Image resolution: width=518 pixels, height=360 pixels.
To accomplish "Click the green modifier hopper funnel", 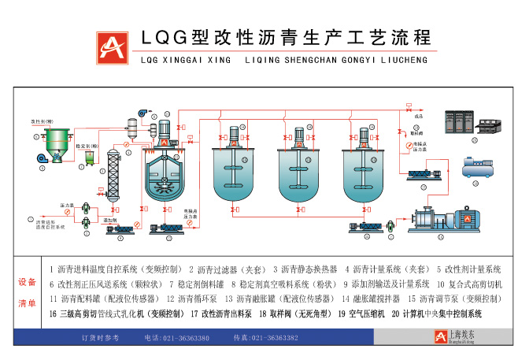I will [54, 143].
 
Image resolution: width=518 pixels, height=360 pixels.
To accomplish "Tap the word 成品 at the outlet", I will [418, 116].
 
